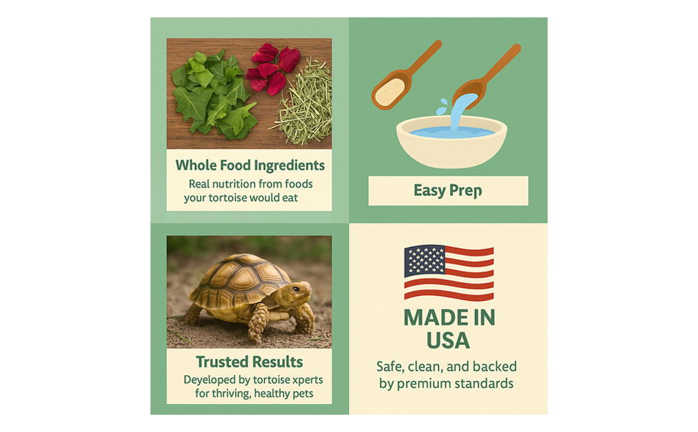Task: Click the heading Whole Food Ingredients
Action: (250, 165)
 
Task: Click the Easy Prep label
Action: (448, 191)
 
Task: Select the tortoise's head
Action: (299, 292)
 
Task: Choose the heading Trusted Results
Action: (249, 361)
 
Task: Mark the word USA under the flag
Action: (448, 340)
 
